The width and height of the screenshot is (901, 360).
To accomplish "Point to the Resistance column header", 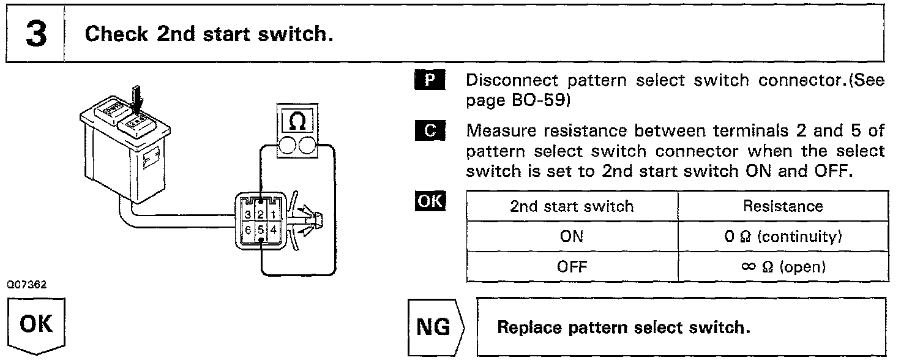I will pyautogui.click(x=783, y=206).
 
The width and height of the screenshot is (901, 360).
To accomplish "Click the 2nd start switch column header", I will pyautogui.click(x=572, y=206).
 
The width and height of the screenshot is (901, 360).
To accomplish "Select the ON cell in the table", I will pyautogui.click(x=572, y=237).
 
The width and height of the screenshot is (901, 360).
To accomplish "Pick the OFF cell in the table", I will pyautogui.click(x=572, y=267).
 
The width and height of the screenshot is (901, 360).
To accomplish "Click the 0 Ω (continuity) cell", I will pyautogui.click(x=783, y=237).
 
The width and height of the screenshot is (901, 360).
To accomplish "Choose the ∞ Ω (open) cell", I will pyautogui.click(x=783, y=267).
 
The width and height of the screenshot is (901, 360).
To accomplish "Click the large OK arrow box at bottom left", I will pyautogui.click(x=36, y=325).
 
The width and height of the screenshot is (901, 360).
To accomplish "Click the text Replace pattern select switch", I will pyautogui.click(x=623, y=328).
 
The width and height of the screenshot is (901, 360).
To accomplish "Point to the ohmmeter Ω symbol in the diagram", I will pyautogui.click(x=296, y=122).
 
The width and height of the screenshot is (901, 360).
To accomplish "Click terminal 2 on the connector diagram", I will pyautogui.click(x=261, y=214).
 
